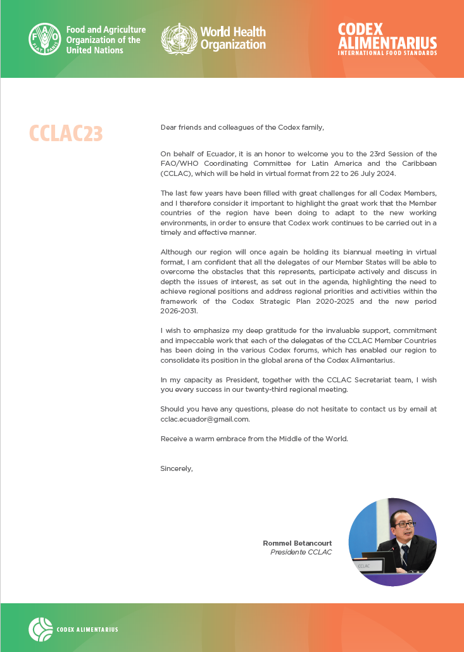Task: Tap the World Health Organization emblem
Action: point(179,38)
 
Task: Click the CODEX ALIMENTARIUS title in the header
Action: point(387,36)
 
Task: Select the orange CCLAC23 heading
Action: point(66,134)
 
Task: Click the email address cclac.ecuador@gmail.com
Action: point(204,419)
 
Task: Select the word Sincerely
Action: point(176,468)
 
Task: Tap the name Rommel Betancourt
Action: point(297,543)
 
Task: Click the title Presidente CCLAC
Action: point(301,552)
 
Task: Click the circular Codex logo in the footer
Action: point(41,629)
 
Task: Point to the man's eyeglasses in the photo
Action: point(404,524)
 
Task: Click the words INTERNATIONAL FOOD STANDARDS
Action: point(387,53)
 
